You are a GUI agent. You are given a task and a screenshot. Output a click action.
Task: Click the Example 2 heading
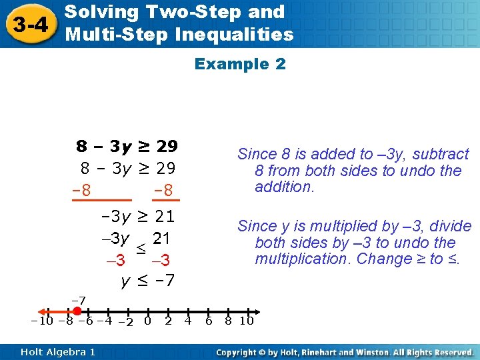click(240, 64)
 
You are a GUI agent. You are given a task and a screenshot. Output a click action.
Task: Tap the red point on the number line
click(77, 311)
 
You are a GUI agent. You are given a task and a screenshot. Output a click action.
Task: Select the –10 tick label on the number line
click(41, 321)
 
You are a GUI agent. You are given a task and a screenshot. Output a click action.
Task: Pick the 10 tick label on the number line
click(247, 321)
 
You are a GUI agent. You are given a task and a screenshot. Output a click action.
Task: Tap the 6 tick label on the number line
click(209, 321)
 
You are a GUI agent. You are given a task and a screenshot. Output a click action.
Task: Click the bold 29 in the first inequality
click(167, 146)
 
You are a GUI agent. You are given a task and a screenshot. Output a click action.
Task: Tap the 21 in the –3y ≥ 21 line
click(164, 216)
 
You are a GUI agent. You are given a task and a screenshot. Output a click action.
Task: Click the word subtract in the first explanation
click(441, 155)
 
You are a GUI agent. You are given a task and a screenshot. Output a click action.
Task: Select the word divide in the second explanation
click(453, 227)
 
